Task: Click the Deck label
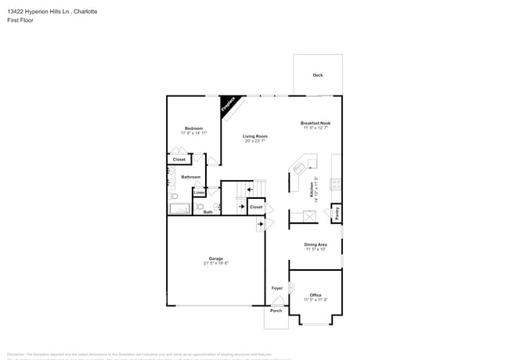[317, 75]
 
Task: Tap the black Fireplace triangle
[228, 106]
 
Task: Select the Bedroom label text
[193, 128]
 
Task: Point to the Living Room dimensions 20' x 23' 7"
[254, 141]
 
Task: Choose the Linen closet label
[200, 192]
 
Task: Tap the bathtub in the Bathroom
[179, 208]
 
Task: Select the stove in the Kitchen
[336, 185]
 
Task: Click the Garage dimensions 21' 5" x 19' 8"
[215, 264]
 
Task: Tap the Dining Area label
[316, 244]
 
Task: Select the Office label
[316, 295]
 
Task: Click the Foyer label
[276, 288]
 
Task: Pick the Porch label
[276, 311]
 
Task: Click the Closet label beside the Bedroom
[179, 159]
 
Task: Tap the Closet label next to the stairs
[256, 207]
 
